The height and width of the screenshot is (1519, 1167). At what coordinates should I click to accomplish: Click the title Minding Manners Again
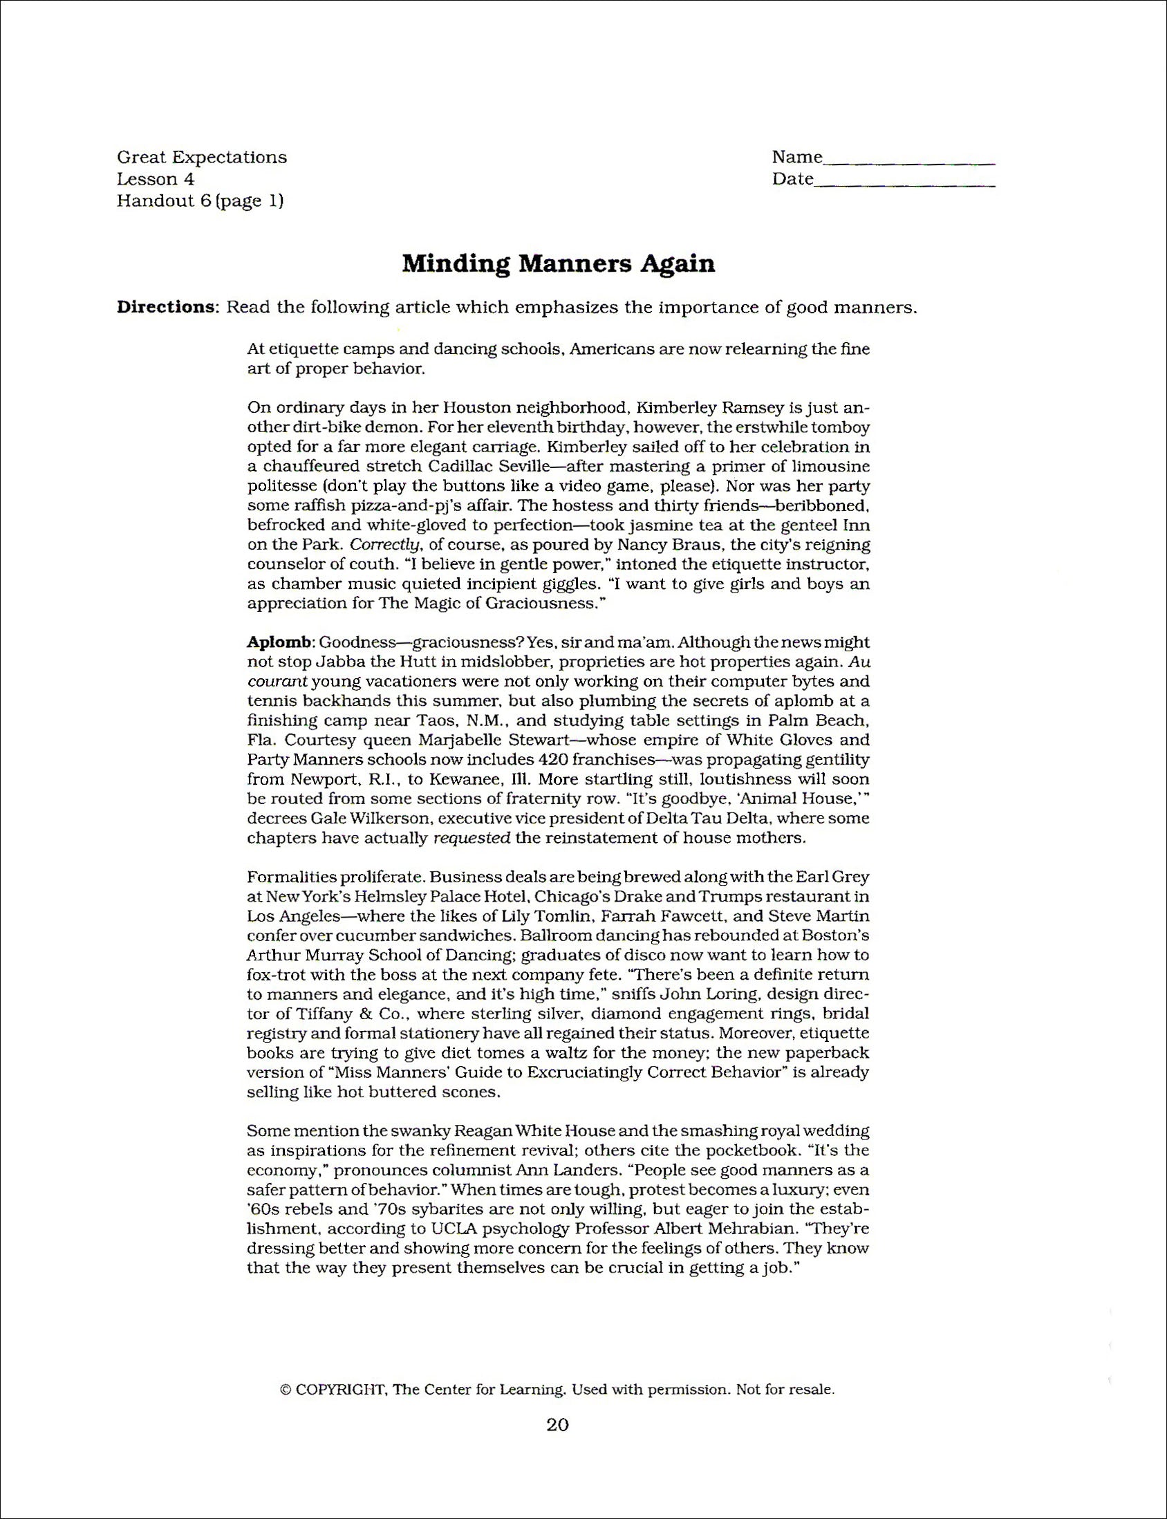(x=559, y=265)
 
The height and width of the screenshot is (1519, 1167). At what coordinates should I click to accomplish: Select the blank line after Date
(x=904, y=185)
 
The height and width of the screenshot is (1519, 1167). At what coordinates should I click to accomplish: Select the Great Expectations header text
(x=201, y=157)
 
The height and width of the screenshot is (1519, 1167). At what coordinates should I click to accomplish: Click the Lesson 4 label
(x=156, y=179)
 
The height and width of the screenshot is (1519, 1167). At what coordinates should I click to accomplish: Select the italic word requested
(x=472, y=838)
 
